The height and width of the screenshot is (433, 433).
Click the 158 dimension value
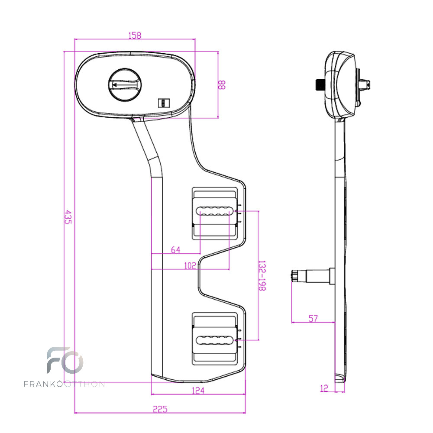click(x=135, y=36)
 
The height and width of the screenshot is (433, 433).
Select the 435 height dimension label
click(x=68, y=217)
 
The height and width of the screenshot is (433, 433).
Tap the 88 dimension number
click(x=221, y=85)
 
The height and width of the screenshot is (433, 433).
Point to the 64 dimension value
click(x=176, y=250)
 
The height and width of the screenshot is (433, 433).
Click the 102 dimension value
click(x=190, y=266)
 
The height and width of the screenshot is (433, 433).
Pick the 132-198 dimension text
click(x=262, y=275)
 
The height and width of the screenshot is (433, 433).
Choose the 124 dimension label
click(x=198, y=391)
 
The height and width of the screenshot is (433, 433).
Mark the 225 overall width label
click(x=160, y=409)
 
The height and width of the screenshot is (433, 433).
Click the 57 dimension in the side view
click(x=313, y=319)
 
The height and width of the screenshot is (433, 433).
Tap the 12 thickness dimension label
click(x=324, y=388)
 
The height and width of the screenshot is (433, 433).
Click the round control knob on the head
click(x=125, y=85)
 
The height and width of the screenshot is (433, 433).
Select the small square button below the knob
click(x=164, y=103)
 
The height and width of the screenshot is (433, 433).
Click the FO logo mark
click(x=65, y=360)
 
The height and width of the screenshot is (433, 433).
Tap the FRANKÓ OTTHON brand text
click(x=64, y=384)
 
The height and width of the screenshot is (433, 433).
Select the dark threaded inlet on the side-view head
click(x=320, y=84)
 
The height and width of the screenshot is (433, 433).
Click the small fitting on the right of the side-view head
click(x=365, y=84)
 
